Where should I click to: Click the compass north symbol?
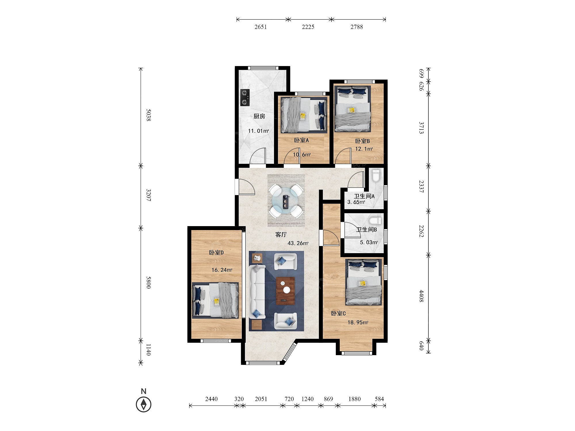pyautogui.click(x=143, y=404)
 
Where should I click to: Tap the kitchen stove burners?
pyautogui.click(x=245, y=97)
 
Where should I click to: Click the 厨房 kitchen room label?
pyautogui.click(x=259, y=116)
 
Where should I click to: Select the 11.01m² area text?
pyautogui.click(x=258, y=131)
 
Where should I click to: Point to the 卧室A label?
pyautogui.click(x=301, y=140)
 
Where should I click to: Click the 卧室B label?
pyautogui.click(x=363, y=141)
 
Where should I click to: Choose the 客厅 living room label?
pyautogui.click(x=281, y=235)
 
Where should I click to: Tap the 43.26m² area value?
pyautogui.click(x=298, y=243)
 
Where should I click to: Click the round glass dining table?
pyautogui.click(x=286, y=201)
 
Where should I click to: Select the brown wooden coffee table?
pyautogui.click(x=285, y=290)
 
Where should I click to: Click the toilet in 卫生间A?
pyautogui.click(x=376, y=176)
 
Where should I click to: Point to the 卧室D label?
pyautogui.click(x=216, y=253)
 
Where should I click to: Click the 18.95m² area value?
pyautogui.click(x=358, y=322)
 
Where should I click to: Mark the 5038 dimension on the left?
pyautogui.click(x=148, y=115)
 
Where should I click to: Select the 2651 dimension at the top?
pyautogui.click(x=260, y=27)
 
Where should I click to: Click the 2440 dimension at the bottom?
pyautogui.click(x=211, y=399)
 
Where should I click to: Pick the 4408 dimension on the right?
pyautogui.click(x=421, y=296)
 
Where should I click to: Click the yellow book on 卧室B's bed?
pyautogui.click(x=351, y=110)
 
